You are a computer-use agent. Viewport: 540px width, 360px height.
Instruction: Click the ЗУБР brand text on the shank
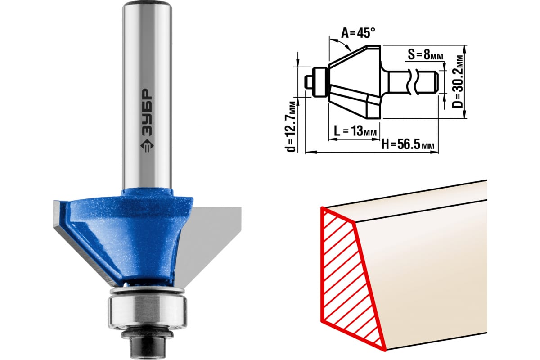147,112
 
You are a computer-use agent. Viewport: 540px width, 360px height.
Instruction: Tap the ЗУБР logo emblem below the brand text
147,146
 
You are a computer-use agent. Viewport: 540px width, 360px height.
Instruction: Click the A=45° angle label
358,33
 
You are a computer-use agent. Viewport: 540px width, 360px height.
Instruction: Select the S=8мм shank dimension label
425,54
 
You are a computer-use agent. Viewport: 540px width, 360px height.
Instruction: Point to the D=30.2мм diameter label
457,82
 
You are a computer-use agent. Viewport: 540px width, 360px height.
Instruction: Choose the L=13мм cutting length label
355,131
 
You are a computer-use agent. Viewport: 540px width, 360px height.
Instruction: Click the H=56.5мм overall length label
408,145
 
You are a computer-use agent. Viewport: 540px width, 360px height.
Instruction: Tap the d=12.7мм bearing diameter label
291,127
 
